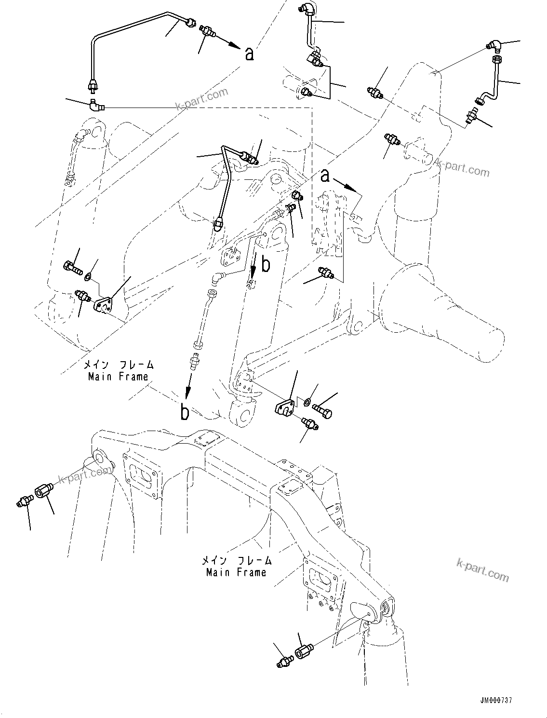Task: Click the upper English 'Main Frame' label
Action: pos(118,377)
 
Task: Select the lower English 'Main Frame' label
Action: pos(236,572)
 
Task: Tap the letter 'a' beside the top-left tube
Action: pos(249,54)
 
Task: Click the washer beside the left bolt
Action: pos(88,276)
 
